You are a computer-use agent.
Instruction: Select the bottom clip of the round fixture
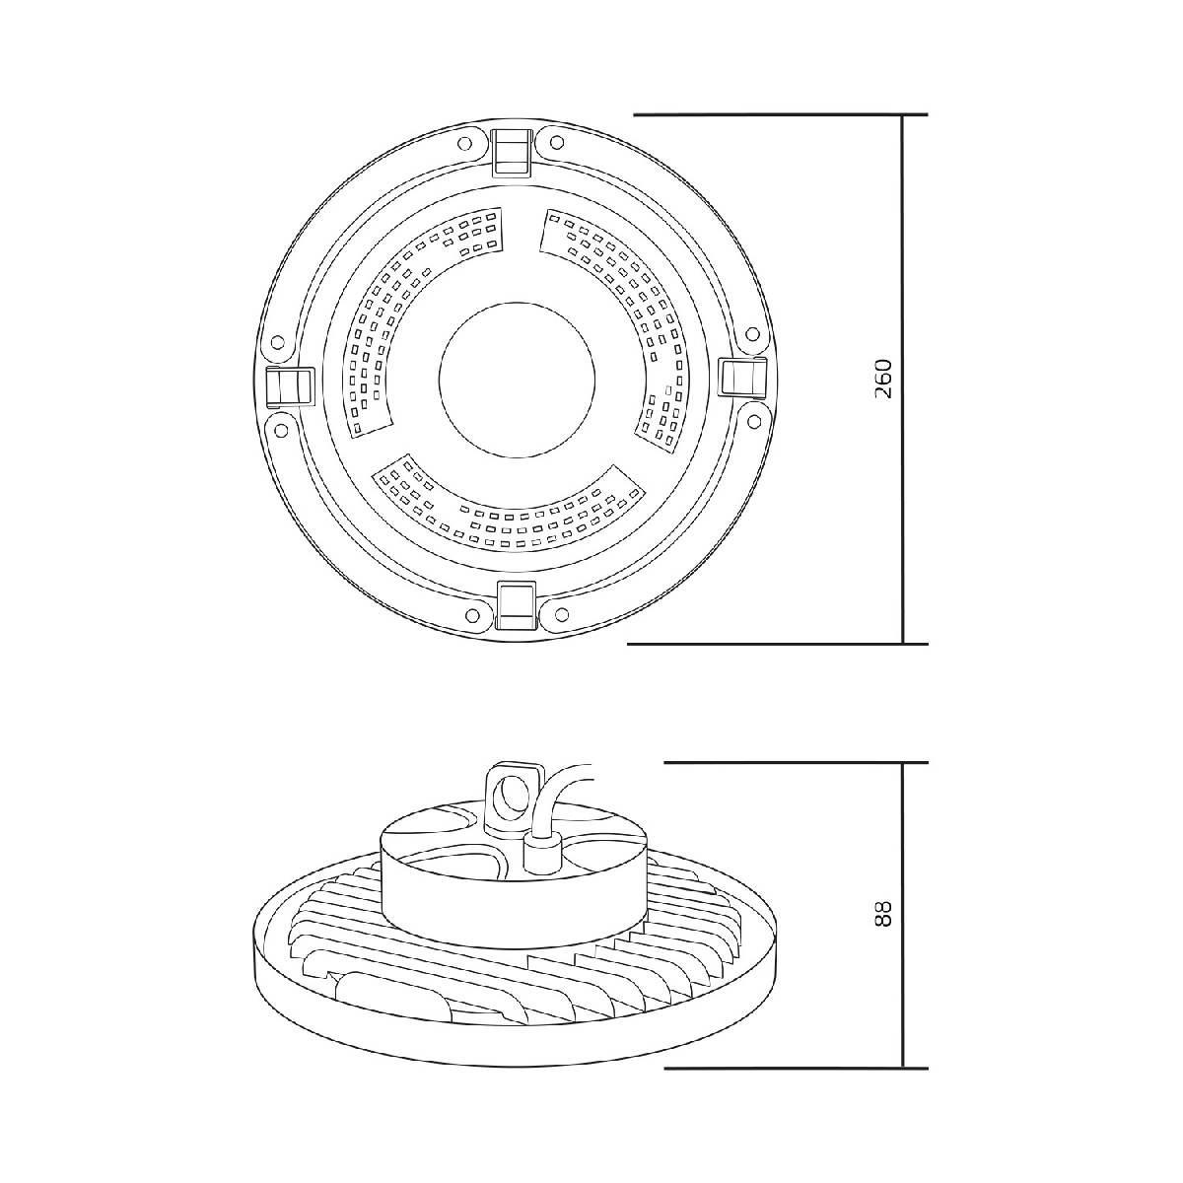click(x=518, y=605)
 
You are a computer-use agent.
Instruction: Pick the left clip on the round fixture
click(x=289, y=386)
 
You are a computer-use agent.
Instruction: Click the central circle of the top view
click(x=517, y=380)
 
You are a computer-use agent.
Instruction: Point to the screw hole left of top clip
click(x=465, y=144)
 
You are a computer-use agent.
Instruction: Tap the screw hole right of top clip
click(x=557, y=142)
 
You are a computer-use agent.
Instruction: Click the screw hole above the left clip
click(x=277, y=342)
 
